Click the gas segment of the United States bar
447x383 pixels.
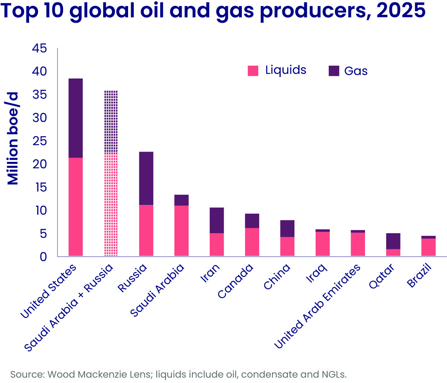[x=76, y=118]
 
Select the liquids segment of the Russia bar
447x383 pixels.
[x=146, y=230]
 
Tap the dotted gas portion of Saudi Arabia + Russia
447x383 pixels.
[x=111, y=122]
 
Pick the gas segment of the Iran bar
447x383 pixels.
[x=217, y=220]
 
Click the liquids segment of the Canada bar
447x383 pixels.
[x=252, y=242]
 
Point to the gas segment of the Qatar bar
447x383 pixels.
[x=393, y=241]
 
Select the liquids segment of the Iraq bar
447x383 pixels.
[x=323, y=244]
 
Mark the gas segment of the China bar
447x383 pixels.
[x=287, y=228]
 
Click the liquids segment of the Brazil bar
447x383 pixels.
[x=428, y=247]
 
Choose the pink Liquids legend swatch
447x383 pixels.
[x=253, y=71]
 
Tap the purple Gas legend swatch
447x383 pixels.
[x=334, y=71]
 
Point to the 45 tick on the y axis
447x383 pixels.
[x=39, y=48]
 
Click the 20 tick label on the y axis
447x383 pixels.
[x=39, y=164]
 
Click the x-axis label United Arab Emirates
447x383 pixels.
[x=317, y=306]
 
